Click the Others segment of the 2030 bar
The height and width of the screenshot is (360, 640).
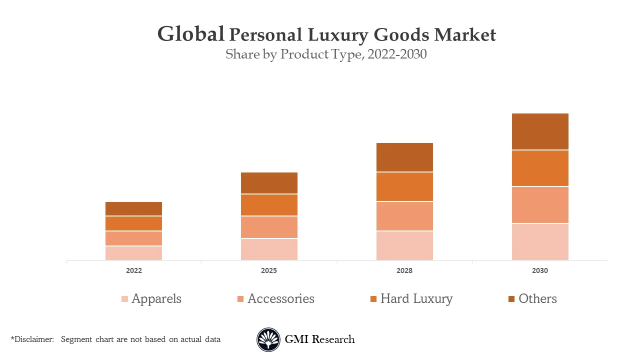click(540, 131)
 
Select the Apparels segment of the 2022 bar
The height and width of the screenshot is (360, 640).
click(133, 253)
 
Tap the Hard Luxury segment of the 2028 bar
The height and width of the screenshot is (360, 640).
click(404, 186)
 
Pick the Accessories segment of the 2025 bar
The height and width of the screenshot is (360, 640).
click(269, 227)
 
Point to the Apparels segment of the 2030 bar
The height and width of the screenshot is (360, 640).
click(540, 241)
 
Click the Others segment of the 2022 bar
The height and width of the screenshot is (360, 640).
click(133, 208)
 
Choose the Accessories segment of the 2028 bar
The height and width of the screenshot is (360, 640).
click(404, 216)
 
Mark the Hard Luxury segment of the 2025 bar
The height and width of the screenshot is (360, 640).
click(269, 205)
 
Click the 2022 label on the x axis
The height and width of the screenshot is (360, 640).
click(133, 270)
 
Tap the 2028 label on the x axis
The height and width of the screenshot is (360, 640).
click(404, 270)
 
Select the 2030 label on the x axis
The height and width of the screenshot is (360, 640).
click(540, 270)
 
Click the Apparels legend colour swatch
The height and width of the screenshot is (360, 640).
click(125, 299)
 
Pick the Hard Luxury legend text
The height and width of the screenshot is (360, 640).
click(416, 299)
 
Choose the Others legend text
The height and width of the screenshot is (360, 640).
click(537, 299)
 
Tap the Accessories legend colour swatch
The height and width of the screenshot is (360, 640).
click(240, 299)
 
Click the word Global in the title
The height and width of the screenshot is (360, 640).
click(190, 34)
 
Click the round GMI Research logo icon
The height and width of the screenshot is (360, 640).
click(268, 339)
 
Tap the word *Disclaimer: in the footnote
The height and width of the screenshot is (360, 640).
click(32, 339)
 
